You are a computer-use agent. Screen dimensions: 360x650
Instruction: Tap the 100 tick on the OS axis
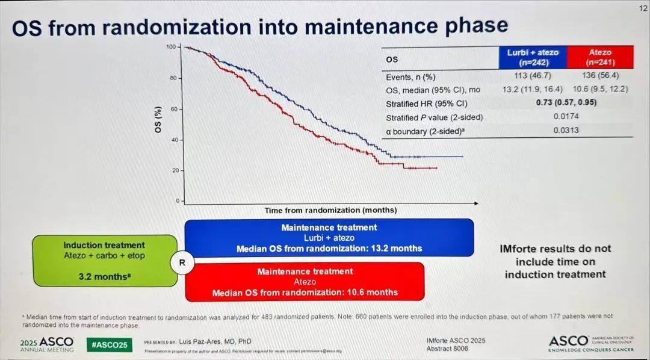(171, 47)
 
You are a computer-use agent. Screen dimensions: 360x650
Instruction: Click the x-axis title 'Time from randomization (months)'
(330, 210)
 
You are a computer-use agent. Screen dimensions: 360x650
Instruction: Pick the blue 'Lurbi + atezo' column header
(532, 57)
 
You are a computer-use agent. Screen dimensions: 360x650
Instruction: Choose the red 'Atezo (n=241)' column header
(599, 57)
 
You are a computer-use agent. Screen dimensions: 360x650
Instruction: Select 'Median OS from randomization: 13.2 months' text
(329, 248)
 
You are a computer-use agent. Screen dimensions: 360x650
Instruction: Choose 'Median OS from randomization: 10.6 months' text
(305, 293)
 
